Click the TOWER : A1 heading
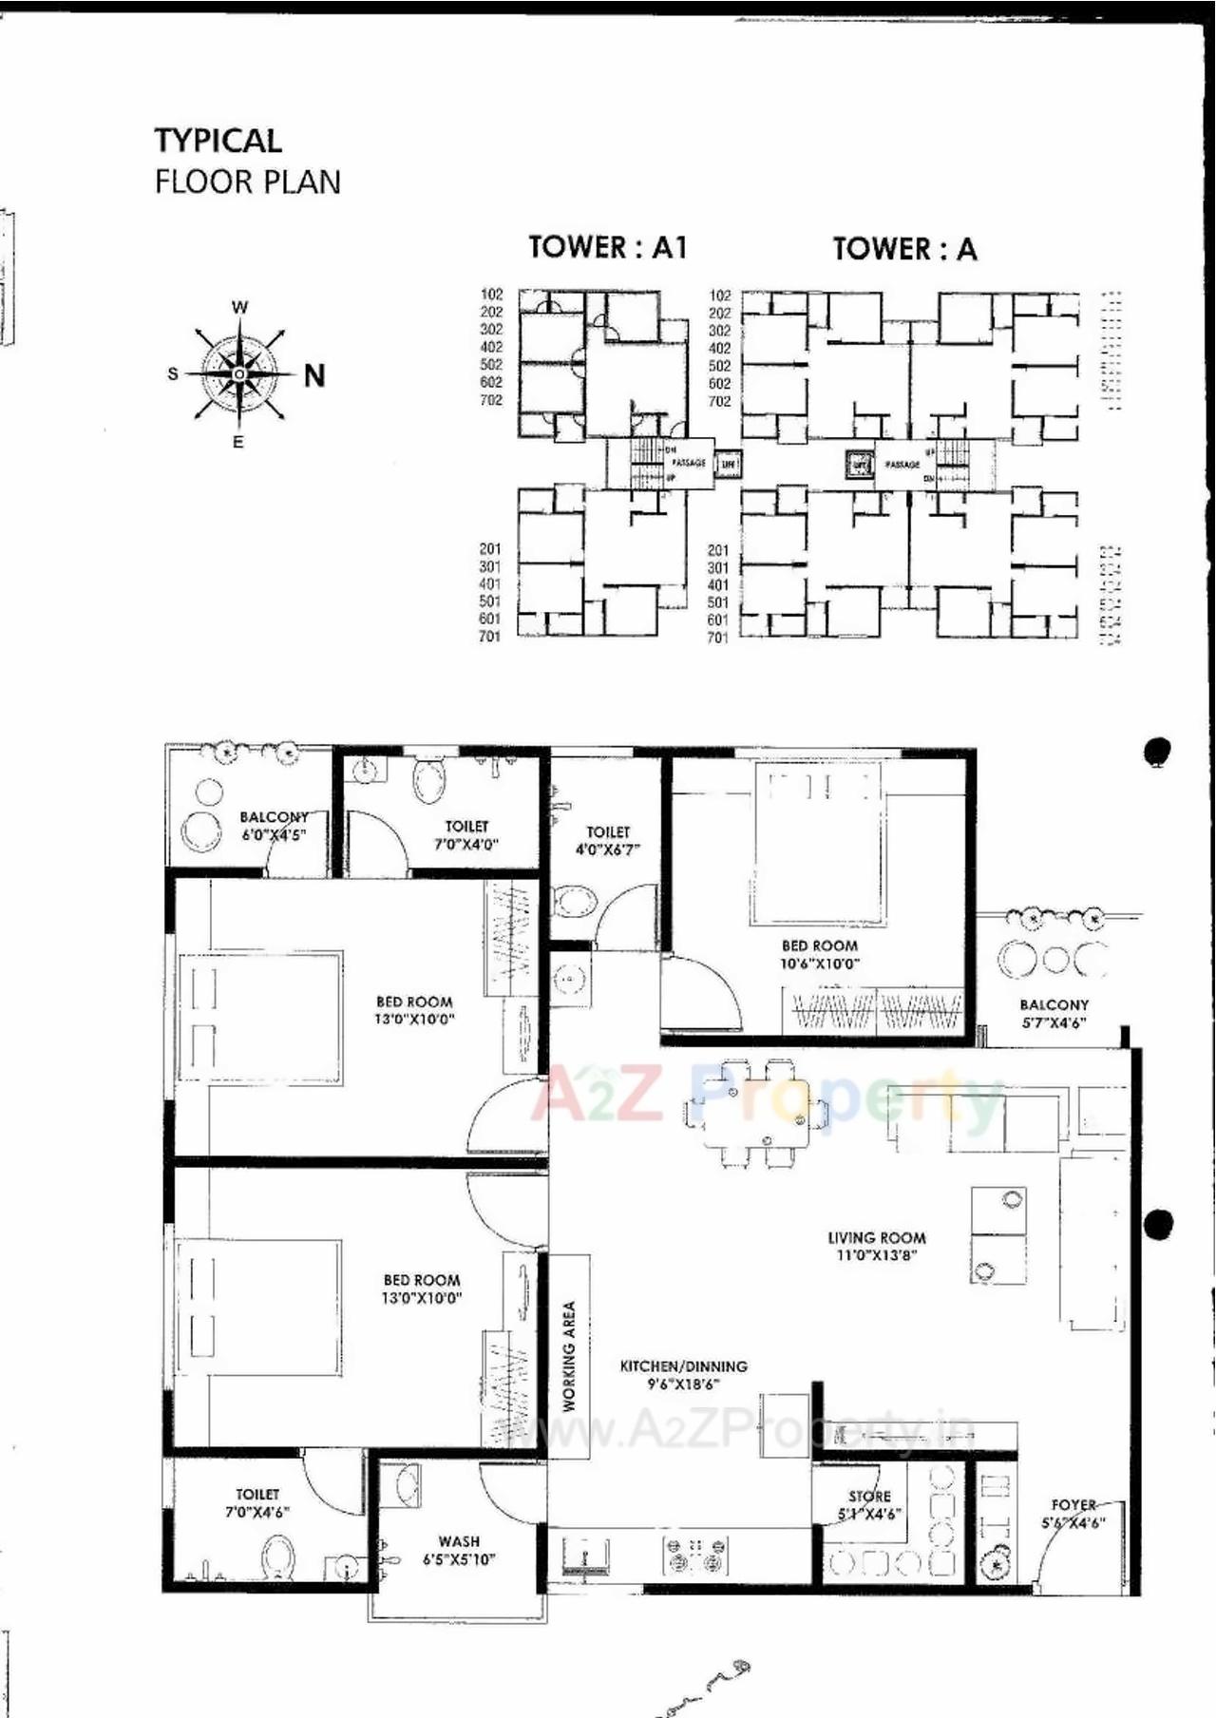pyautogui.click(x=607, y=247)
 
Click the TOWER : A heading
pyautogui.click(x=904, y=249)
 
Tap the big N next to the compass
pyautogui.click(x=314, y=376)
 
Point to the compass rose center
pyautogui.click(x=239, y=374)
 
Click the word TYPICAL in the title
pyautogui.click(x=218, y=141)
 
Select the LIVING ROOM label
pyautogui.click(x=876, y=1246)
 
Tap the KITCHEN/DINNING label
pyautogui.click(x=683, y=1374)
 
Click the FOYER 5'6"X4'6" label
pyautogui.click(x=1073, y=1513)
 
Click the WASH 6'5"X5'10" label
pyautogui.click(x=459, y=1550)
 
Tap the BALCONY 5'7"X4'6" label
pyautogui.click(x=1054, y=1013)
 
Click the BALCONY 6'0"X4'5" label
pyautogui.click(x=274, y=826)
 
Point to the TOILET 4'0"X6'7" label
pyautogui.click(x=608, y=840)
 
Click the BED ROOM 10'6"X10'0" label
pyautogui.click(x=819, y=954)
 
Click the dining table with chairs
pyautogui.click(x=755, y=1113)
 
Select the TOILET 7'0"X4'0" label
pyautogui.click(x=466, y=835)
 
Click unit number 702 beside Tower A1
pyautogui.click(x=491, y=400)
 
